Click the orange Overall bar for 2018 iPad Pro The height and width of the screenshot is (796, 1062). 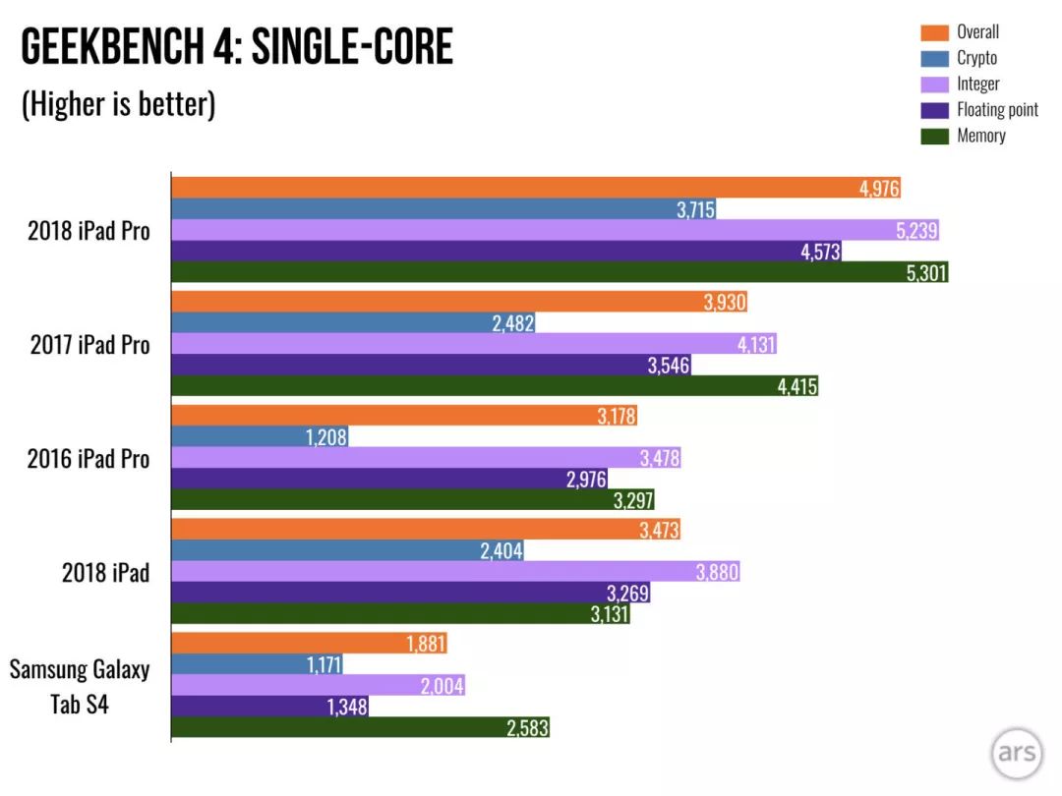[536, 188]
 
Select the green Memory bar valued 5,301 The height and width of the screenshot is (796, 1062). [560, 272]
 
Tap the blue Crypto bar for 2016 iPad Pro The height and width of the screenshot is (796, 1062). [260, 436]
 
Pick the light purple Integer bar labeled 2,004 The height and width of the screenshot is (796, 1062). [318, 686]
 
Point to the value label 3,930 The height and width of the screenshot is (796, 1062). [725, 302]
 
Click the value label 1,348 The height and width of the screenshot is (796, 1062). [347, 707]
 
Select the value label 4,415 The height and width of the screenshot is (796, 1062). [797, 386]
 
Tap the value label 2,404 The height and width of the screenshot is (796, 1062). [501, 551]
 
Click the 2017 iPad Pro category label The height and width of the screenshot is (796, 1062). [89, 345]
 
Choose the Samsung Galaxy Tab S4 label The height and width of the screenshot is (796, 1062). [80, 686]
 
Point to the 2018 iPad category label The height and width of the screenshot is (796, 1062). [105, 573]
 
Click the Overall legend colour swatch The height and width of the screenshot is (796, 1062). [935, 32]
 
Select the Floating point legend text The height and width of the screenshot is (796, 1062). [997, 110]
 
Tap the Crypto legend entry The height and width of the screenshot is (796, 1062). [959, 58]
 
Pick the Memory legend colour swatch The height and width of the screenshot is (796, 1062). [935, 136]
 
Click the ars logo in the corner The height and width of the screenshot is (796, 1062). [1017, 753]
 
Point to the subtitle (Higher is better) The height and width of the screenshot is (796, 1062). [119, 104]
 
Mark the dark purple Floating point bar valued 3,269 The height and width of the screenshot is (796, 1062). [410, 593]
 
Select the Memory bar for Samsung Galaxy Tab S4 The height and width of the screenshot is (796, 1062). [360, 727]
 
